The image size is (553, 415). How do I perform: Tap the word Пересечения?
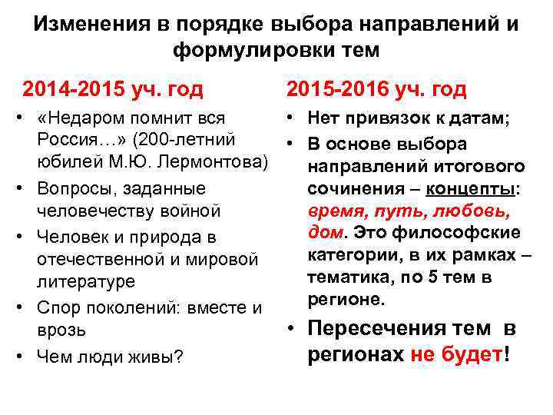tap(375, 328)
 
